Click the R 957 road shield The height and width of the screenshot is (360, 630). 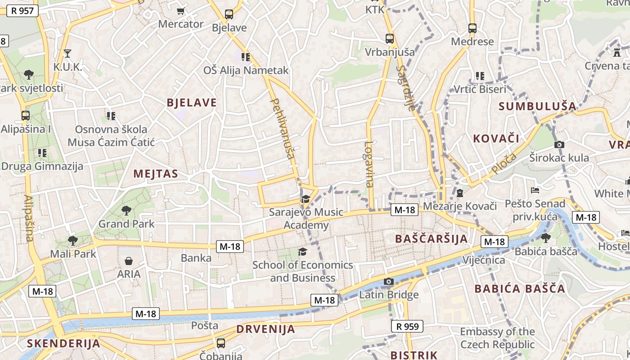click(x=22, y=10)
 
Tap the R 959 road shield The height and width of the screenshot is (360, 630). click(x=407, y=326)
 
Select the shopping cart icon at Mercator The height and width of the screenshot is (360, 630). click(x=181, y=11)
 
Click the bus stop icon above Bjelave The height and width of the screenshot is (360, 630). click(x=229, y=14)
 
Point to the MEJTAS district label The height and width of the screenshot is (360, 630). click(x=156, y=174)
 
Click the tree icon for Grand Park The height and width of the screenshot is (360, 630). click(x=126, y=210)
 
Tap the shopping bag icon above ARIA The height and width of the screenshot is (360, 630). click(x=129, y=261)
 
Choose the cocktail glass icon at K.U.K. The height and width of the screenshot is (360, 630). click(x=67, y=54)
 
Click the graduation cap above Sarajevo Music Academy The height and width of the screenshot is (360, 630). click(x=306, y=198)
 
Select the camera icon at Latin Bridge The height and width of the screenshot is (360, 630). click(x=389, y=282)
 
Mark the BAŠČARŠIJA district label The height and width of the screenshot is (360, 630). click(x=431, y=238)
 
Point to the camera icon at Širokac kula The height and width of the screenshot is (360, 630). click(x=559, y=144)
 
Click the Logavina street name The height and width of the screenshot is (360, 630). click(x=369, y=164)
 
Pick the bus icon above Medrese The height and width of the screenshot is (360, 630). click(x=472, y=28)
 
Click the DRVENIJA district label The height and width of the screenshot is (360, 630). click(x=265, y=329)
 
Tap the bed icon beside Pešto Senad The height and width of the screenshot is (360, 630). click(x=535, y=190)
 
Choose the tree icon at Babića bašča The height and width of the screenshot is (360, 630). click(x=546, y=238)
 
